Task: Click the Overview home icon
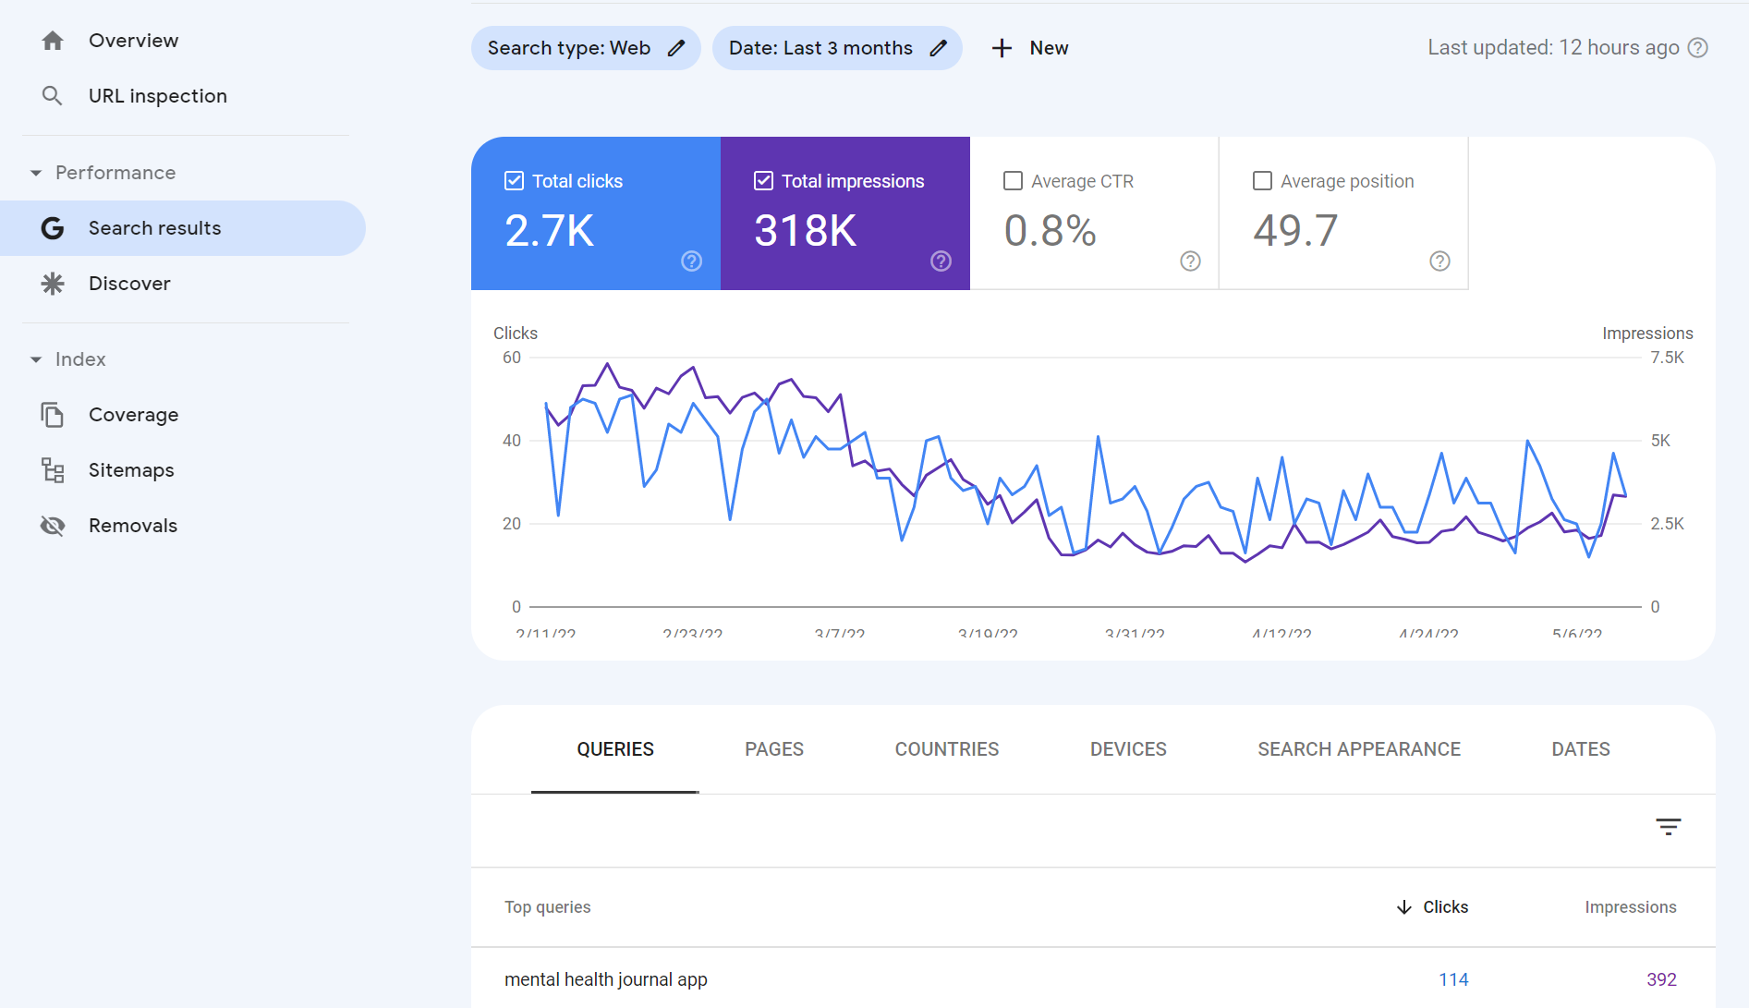pos(53,41)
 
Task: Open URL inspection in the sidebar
pos(157,96)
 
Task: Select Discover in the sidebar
pos(129,284)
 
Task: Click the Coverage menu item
pos(133,415)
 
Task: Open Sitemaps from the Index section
pos(131,470)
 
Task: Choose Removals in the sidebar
pos(133,526)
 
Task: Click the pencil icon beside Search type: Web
pos(676,48)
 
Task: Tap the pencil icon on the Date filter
pos(939,48)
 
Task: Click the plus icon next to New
pos(1002,48)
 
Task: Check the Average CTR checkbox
pos(1014,181)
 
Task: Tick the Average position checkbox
pos(1262,181)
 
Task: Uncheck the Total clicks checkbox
pos(515,181)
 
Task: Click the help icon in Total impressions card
pos(941,261)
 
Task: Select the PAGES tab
pos(774,749)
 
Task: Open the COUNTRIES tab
pos(947,749)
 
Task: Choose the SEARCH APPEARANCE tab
pos(1359,749)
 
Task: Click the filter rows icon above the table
pos(1668,827)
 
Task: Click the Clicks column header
pos(1445,907)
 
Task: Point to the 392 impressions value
pos(1661,979)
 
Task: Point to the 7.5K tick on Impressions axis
pos(1667,358)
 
